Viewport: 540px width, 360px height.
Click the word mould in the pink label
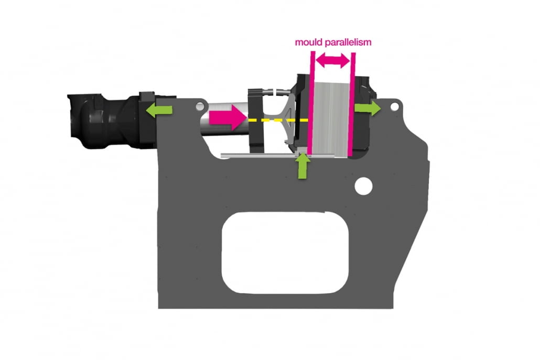pos(309,42)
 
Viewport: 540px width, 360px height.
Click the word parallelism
pos(348,42)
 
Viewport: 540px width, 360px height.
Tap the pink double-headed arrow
pos(333,61)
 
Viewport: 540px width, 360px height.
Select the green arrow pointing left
pos(159,110)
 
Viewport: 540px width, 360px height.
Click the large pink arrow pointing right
pos(228,117)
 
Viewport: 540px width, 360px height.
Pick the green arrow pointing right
pos(368,108)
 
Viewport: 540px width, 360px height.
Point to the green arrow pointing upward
pos(302,166)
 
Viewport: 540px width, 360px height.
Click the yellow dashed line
pos(278,120)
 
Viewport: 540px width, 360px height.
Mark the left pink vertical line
pos(311,103)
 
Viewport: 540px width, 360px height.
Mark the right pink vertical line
pos(352,104)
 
